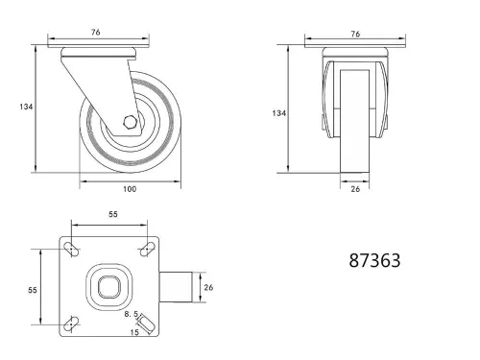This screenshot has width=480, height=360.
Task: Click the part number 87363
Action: pos(374,260)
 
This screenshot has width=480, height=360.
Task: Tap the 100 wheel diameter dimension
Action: pos(130,188)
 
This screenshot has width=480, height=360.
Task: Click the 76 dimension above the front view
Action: pos(356,34)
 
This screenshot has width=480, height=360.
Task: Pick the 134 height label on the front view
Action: pos(278,112)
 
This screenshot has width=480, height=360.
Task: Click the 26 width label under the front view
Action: pos(356,189)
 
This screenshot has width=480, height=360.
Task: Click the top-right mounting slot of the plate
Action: pos(147,250)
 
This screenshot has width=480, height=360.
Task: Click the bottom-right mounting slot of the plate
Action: pos(147,324)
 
